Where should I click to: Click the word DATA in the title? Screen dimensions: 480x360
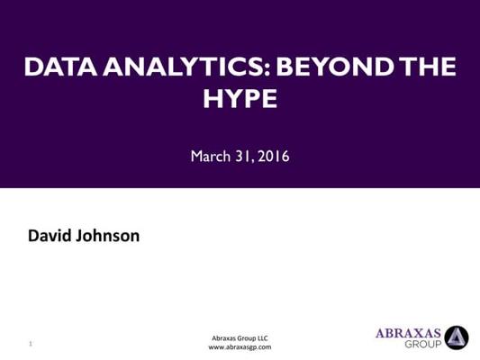[60, 67]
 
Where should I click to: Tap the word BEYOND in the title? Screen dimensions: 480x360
[335, 67]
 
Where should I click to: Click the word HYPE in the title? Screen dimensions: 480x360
[240, 98]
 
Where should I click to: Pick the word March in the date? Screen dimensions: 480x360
[211, 156]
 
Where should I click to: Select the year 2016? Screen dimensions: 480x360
[274, 157]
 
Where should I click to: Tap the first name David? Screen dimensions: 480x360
[50, 236]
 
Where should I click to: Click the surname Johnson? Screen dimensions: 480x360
[107, 236]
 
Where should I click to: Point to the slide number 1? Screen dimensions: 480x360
[31, 344]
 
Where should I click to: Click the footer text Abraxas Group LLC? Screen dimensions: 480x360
[240, 338]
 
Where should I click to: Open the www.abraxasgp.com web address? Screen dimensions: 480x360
[240, 347]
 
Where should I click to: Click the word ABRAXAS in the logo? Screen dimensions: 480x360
[408, 333]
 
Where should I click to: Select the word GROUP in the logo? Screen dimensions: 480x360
[423, 344]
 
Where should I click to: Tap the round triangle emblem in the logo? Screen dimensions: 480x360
[457, 337]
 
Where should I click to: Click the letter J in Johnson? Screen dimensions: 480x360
[78, 236]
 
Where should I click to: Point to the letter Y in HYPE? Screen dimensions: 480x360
[231, 98]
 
